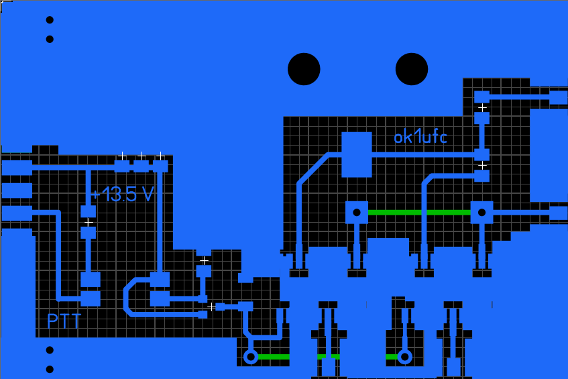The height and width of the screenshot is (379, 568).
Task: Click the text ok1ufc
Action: point(420,138)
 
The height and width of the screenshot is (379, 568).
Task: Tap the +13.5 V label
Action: point(123,195)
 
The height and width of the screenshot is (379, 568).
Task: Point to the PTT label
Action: point(64,321)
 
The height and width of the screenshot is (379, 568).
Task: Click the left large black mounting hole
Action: point(304,69)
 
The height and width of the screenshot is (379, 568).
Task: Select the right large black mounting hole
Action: point(412,69)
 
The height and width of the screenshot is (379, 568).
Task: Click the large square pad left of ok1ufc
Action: point(357,154)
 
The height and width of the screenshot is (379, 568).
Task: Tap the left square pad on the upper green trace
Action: point(357,213)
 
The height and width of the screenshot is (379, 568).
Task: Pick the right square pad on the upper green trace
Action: point(481,213)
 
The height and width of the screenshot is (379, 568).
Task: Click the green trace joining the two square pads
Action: point(419,213)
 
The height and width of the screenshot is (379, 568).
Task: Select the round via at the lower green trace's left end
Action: point(251,357)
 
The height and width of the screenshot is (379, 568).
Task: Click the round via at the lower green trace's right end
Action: point(404,357)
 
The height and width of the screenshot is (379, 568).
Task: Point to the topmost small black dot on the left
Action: point(50,19)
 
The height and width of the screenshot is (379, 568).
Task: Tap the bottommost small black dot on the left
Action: point(50,369)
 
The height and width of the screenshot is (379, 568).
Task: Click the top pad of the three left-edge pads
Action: point(17,166)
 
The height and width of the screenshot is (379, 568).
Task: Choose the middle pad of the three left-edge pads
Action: point(17,191)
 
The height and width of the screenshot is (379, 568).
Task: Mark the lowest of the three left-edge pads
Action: point(17,213)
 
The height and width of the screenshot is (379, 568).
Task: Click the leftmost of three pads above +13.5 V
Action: point(122,166)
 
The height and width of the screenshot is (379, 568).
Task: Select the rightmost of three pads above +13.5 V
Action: point(160,166)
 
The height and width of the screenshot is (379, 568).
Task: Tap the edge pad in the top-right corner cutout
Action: point(558,97)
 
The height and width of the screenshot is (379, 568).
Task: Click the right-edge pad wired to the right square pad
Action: point(558,213)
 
